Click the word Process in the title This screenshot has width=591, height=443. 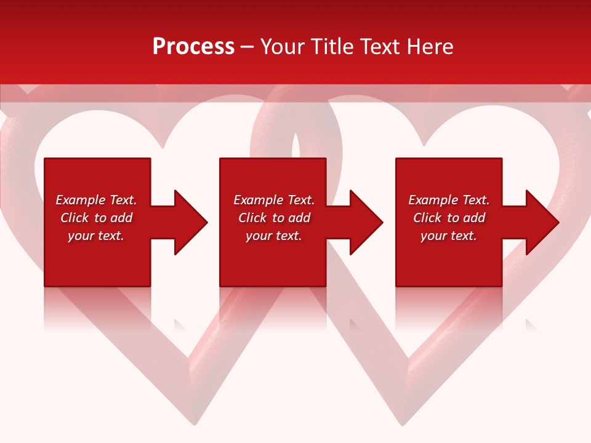click(193, 47)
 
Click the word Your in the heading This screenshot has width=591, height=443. click(283, 47)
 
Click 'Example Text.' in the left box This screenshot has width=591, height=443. click(96, 200)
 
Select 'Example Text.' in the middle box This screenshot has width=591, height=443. click(274, 200)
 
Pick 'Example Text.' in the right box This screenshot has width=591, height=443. click(449, 200)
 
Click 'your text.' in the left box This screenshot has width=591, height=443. click(96, 236)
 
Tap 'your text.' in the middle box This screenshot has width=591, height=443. click(274, 236)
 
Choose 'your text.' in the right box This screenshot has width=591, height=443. click(449, 236)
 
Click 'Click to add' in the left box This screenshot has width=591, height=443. click(96, 218)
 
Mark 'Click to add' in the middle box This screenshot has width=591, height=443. click(274, 218)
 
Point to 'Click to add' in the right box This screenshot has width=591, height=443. click(449, 218)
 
